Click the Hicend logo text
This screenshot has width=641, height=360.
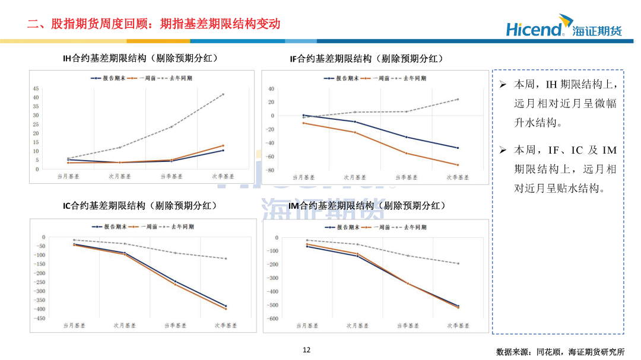(x=534, y=29)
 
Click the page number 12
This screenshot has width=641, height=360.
(x=306, y=350)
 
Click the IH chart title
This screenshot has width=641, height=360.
(x=141, y=58)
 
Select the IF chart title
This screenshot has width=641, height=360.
(x=366, y=59)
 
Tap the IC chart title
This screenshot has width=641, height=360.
(x=139, y=206)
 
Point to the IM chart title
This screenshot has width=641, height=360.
(x=366, y=206)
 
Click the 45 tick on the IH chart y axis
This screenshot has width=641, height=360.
(x=36, y=88)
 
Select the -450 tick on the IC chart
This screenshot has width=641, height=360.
(x=39, y=318)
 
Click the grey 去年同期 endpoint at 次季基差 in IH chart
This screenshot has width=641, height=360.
(x=223, y=94)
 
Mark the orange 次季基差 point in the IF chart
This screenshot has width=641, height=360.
(x=458, y=165)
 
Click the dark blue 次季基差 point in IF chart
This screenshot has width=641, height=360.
(x=458, y=148)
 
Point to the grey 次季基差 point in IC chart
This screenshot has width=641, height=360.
(x=226, y=259)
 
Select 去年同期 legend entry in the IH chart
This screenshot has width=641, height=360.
(x=177, y=78)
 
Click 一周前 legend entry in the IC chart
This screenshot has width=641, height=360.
(x=144, y=227)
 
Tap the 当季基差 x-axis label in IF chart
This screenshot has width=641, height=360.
(x=406, y=177)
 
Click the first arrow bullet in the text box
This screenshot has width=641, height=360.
(x=502, y=85)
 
